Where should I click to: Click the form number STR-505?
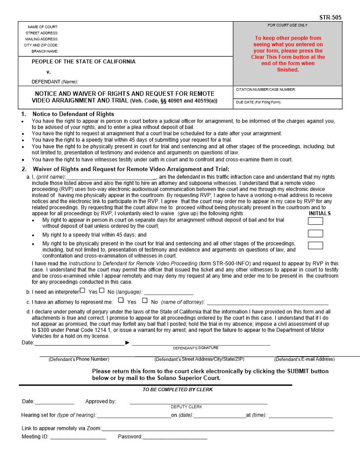(330, 18)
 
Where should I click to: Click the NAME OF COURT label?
(43, 27)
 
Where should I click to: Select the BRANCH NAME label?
(45, 51)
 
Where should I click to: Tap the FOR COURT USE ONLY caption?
(287, 25)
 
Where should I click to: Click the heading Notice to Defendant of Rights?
(73, 114)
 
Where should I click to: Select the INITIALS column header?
(320, 213)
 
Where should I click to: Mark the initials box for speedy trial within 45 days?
(315, 233)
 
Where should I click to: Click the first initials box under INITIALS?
(315, 221)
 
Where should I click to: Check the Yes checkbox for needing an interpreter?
(82, 290)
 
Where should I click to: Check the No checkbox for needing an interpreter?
(102, 290)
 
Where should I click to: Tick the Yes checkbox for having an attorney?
(121, 301)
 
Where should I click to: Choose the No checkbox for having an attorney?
(145, 301)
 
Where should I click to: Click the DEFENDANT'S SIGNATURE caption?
(195, 348)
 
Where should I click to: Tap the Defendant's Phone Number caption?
(79, 359)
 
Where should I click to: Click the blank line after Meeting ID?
(78, 437)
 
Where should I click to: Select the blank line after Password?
(175, 437)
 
